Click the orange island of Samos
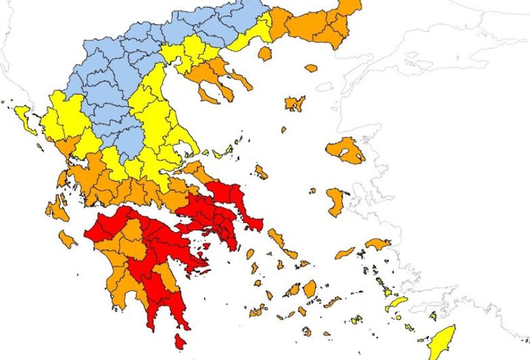tap(377, 243)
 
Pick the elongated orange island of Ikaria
tap(344, 253)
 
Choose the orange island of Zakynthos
tap(67, 239)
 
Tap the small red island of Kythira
tap(180, 341)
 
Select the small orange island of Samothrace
tap(310, 68)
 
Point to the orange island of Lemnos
tap(294, 103)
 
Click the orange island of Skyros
tap(261, 171)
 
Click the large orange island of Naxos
tap(309, 288)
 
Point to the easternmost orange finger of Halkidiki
tap(242, 80)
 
